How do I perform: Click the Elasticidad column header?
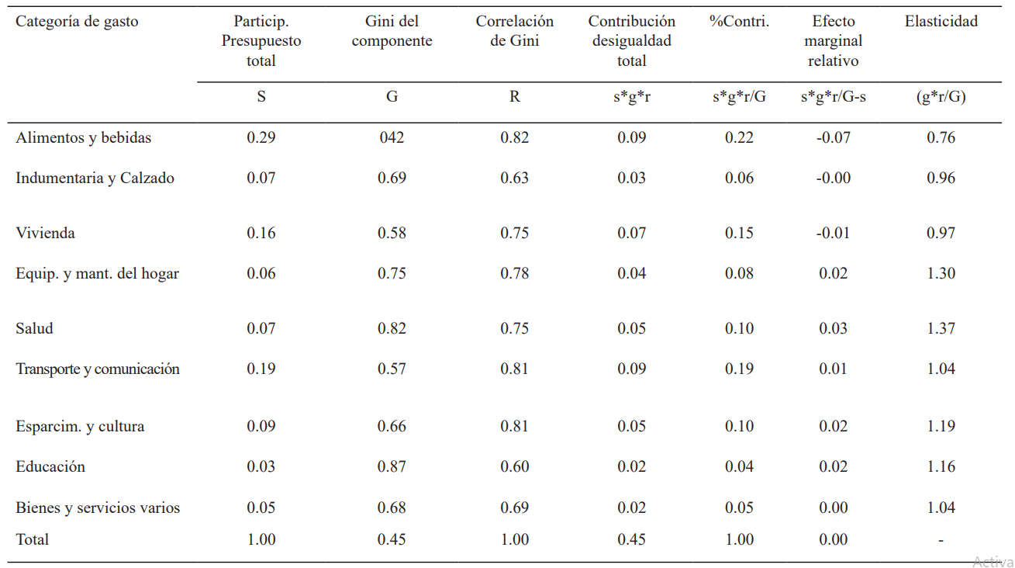coord(941,22)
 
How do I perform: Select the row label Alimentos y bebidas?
coord(84,137)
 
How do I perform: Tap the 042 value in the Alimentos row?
coord(392,137)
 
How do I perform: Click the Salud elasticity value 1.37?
coord(941,328)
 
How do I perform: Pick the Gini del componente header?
coord(392,31)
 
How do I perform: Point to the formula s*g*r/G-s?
coord(833,97)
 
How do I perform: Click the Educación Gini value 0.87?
coord(392,466)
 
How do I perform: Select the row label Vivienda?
coord(45,233)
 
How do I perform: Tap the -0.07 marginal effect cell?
coord(833,137)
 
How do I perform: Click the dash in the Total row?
coord(941,540)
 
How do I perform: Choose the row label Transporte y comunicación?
coord(98,369)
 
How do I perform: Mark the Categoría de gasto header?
coord(77,22)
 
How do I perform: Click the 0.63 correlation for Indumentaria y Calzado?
coord(514,178)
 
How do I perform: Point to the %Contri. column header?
coord(739,22)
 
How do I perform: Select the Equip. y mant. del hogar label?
coord(98,273)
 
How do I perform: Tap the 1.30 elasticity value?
coord(941,273)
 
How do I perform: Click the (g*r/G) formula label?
coord(941,97)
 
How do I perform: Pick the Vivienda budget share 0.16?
coord(261,233)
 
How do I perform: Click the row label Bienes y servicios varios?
coord(98,507)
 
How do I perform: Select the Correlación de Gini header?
coord(514,31)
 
